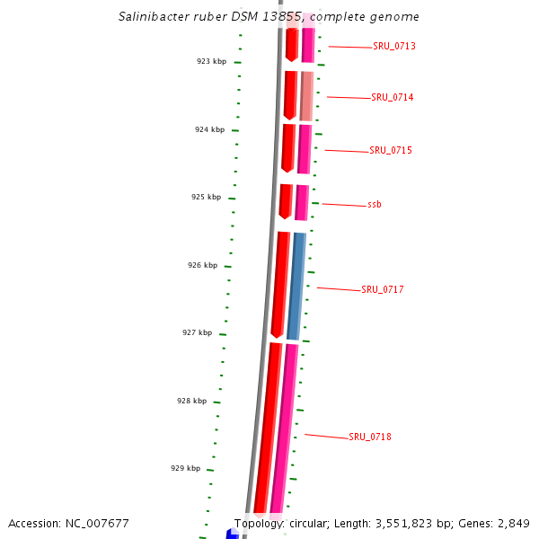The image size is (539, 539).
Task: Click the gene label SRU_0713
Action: pyautogui.click(x=393, y=46)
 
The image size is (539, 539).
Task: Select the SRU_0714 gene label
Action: pyautogui.click(x=392, y=97)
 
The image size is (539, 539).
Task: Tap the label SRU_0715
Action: pyautogui.click(x=390, y=150)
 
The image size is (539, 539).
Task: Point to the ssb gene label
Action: pyautogui.click(x=374, y=205)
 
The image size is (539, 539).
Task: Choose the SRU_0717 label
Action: pyautogui.click(x=382, y=289)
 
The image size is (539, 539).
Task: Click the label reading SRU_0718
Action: pyautogui.click(x=369, y=437)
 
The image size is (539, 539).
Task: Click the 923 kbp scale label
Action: pyautogui.click(x=212, y=61)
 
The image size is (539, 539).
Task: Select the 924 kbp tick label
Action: pyautogui.click(x=210, y=129)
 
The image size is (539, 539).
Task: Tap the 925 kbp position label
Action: pyautogui.click(x=206, y=197)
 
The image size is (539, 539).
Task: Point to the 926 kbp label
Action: pyautogui.click(x=202, y=265)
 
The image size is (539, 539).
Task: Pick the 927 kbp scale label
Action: pyautogui.click(x=197, y=332)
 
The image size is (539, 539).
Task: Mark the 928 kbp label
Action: pyautogui.click(x=191, y=401)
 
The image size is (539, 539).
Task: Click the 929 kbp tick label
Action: pyautogui.click(x=185, y=468)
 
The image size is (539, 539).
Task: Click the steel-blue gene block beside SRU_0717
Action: pyautogui.click(x=296, y=286)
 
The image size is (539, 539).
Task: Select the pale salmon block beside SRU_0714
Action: pyautogui.click(x=306, y=94)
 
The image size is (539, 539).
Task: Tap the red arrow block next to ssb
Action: pyautogui.click(x=286, y=200)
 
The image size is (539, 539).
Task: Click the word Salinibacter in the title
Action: pyautogui.click(x=152, y=17)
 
